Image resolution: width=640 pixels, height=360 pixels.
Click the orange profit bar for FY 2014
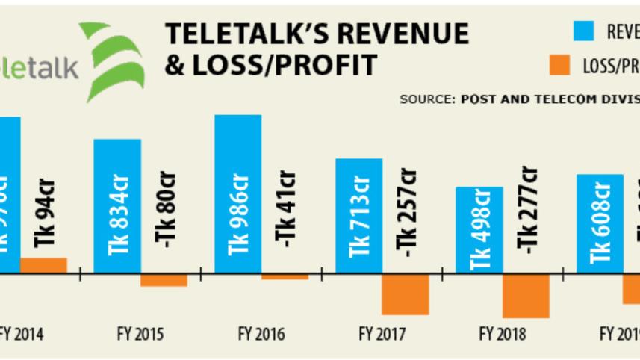point(43,266)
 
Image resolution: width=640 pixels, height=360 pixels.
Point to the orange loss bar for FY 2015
point(164,280)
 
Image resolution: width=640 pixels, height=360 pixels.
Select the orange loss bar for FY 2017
point(406,294)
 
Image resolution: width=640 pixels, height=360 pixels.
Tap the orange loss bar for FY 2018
point(526,296)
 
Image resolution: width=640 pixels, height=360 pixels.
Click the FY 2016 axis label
point(261,334)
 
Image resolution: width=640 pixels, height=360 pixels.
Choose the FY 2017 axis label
point(382,334)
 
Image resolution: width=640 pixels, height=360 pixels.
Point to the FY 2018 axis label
point(502,334)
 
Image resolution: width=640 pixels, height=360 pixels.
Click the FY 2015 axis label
point(140,334)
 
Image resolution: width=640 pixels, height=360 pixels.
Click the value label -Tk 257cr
point(407,213)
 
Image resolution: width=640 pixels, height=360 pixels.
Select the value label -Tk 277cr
point(528,213)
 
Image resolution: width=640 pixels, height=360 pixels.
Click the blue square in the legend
point(583,31)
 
